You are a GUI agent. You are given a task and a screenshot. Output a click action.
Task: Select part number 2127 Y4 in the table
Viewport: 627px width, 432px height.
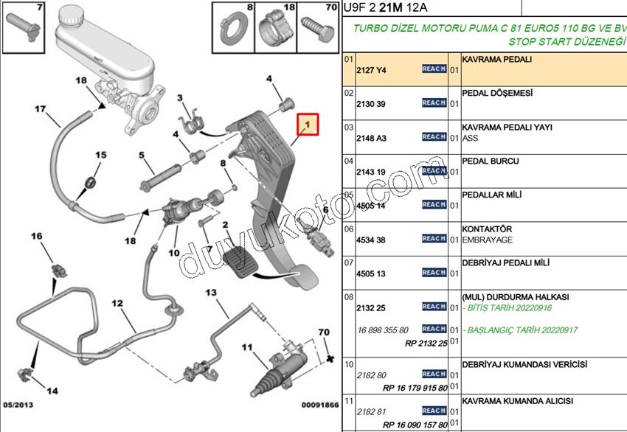371,70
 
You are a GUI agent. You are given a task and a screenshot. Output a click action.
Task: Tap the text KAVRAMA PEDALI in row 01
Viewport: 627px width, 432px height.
496,58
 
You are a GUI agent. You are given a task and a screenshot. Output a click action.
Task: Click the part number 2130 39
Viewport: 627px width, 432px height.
370,104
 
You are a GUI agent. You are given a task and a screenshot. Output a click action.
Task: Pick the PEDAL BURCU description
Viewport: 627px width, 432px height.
490,161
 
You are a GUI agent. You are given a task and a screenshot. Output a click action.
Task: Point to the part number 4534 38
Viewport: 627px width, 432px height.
370,240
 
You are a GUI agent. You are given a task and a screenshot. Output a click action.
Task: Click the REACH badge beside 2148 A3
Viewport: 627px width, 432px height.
434,137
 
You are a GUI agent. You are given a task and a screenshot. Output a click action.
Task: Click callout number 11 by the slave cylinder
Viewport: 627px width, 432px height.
246,347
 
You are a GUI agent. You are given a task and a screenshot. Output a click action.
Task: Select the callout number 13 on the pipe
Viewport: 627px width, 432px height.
211,293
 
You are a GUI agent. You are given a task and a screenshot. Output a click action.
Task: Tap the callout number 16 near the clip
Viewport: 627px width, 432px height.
36,237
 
